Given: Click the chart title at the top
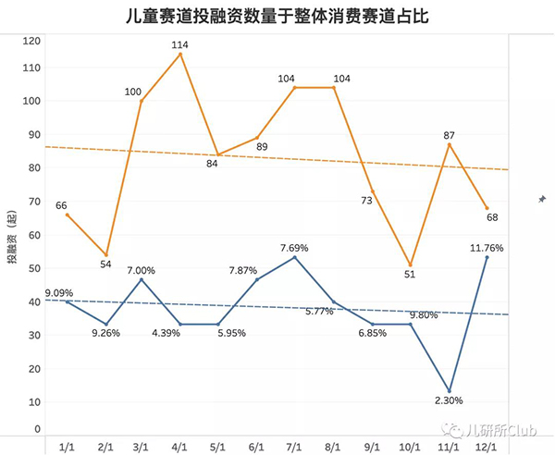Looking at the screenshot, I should point(277,16).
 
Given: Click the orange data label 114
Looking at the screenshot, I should point(180,43).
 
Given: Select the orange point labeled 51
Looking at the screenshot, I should point(410,265).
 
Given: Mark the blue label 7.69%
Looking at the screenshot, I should point(295,248).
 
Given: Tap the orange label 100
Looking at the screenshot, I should point(132,91).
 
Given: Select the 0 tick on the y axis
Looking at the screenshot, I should point(38,429).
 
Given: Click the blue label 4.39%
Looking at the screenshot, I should point(180,333).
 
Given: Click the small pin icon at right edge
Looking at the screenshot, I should point(541,199).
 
